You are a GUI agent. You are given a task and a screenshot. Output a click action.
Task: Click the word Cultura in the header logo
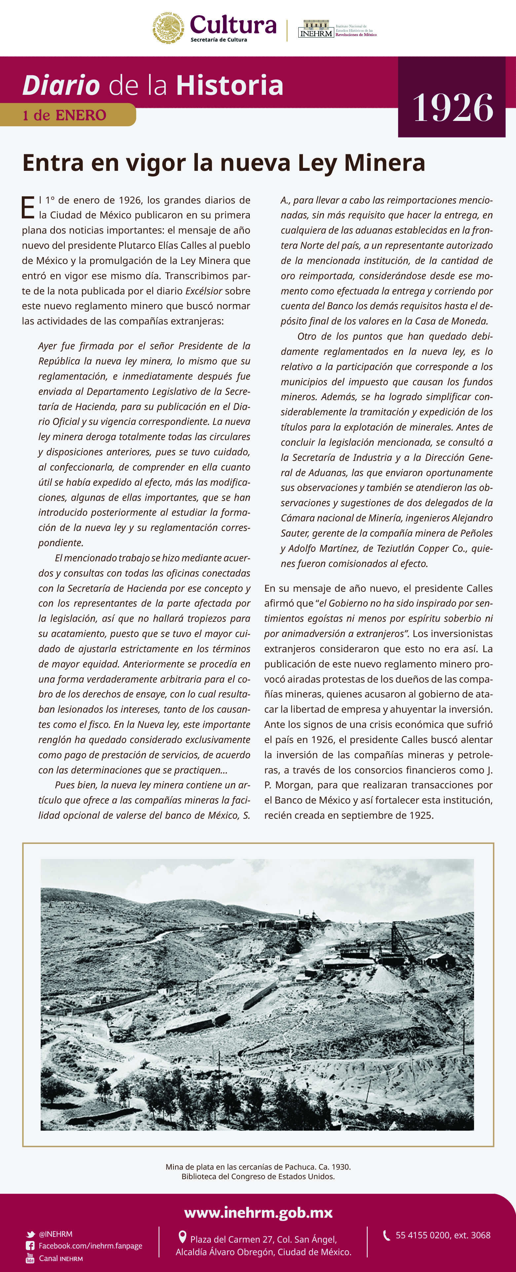click(x=233, y=25)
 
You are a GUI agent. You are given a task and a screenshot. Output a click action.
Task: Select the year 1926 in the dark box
click(x=452, y=108)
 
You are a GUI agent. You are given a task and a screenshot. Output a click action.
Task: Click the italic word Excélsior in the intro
click(x=204, y=291)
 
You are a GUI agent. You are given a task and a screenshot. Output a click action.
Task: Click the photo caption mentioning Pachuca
click(x=258, y=1166)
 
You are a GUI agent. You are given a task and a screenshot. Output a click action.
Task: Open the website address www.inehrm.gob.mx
click(x=258, y=1213)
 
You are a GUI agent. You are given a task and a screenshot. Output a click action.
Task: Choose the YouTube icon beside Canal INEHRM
click(x=30, y=1258)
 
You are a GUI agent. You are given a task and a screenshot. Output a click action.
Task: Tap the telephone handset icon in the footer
click(x=387, y=1235)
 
